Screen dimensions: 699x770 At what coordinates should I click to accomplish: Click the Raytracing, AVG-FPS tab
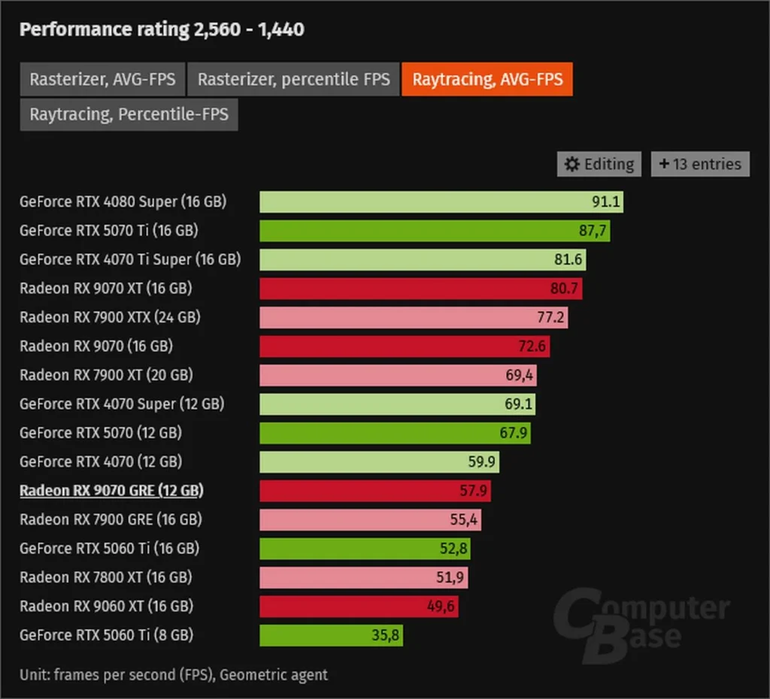tap(487, 79)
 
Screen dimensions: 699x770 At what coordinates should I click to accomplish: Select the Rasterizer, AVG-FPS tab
tap(102, 79)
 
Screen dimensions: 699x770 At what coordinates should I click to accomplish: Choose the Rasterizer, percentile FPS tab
tap(293, 79)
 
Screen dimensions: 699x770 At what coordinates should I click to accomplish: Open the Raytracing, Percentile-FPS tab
tap(129, 115)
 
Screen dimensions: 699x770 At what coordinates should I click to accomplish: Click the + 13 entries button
tap(700, 164)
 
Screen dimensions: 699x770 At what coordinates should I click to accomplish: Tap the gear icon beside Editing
tap(572, 164)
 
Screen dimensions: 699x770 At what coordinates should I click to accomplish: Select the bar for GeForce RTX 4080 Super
tap(441, 201)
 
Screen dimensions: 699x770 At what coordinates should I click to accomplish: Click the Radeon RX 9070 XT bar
tap(420, 289)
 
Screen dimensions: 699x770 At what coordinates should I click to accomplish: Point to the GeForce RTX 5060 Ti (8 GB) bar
tap(331, 635)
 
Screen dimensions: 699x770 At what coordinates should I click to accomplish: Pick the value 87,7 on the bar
tap(592, 231)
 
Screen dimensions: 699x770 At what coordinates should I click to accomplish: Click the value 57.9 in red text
tap(474, 491)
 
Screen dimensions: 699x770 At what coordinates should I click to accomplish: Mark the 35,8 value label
tap(387, 635)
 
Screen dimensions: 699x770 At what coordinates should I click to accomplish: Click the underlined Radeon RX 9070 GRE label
tap(111, 491)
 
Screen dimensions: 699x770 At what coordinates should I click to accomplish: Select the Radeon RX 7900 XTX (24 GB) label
tap(110, 317)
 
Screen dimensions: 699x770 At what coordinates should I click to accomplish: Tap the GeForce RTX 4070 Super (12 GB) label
tap(122, 404)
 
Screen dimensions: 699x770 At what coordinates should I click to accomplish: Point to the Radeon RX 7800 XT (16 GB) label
tap(105, 577)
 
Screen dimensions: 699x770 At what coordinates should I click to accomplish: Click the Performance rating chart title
tap(162, 29)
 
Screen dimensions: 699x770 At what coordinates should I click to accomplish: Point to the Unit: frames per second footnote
tap(174, 674)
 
